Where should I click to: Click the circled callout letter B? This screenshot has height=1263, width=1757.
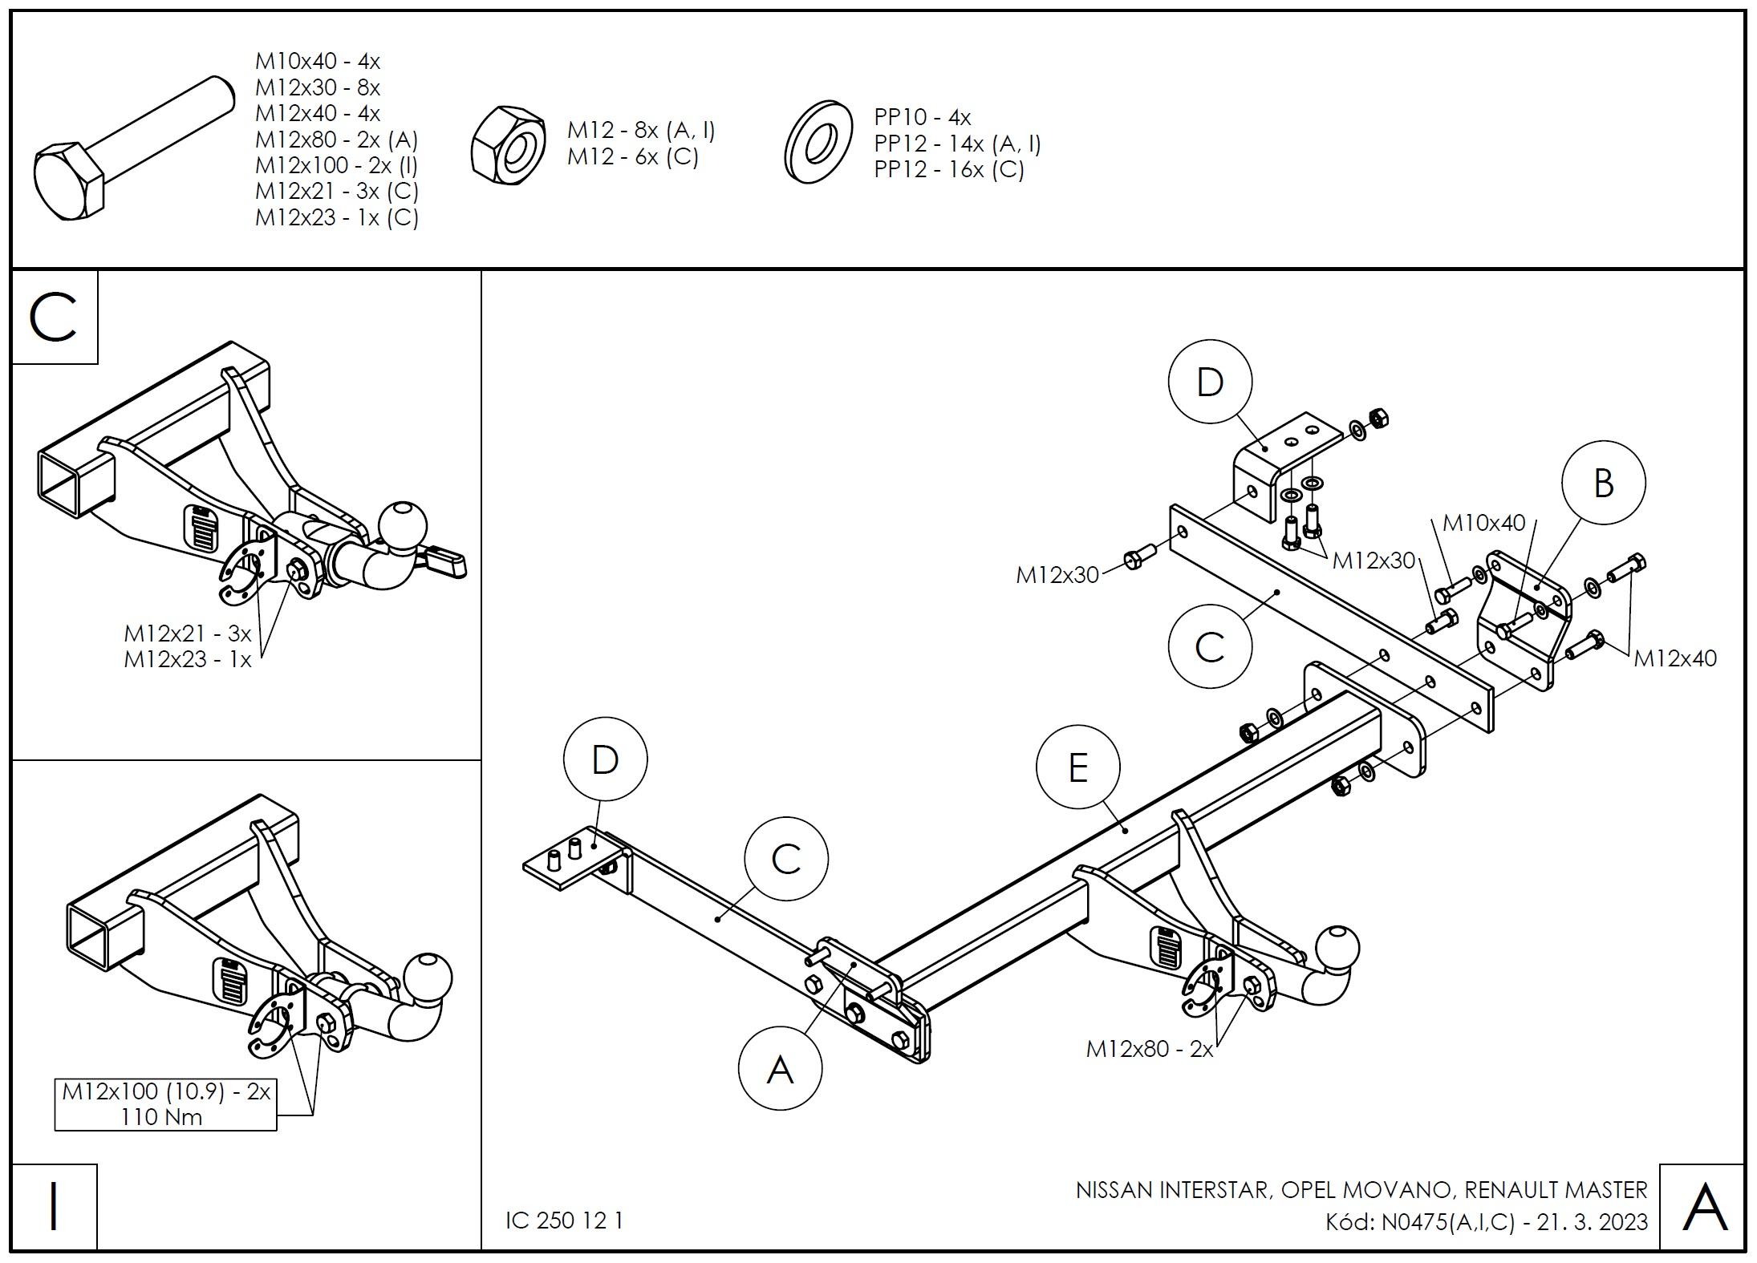(1603, 483)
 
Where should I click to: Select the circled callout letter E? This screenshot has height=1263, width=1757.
(1077, 767)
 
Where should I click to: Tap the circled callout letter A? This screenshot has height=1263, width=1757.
(780, 1069)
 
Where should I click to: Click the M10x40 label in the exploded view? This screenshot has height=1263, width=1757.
(1483, 523)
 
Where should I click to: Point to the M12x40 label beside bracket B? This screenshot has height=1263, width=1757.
(1675, 658)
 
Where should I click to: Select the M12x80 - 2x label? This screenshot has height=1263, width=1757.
(1150, 1048)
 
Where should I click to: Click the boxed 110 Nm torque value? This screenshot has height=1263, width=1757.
(161, 1117)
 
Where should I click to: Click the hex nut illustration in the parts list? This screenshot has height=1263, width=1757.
(507, 144)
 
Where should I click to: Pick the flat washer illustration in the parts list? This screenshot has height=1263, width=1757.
(818, 141)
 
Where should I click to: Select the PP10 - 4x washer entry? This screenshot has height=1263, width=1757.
(923, 118)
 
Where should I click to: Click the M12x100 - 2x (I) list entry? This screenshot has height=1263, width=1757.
(336, 165)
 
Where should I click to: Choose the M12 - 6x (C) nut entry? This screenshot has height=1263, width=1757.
(632, 156)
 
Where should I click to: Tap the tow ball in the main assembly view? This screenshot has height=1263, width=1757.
(1337, 949)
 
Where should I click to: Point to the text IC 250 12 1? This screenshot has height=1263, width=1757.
(564, 1220)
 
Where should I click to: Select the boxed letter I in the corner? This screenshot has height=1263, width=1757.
(54, 1207)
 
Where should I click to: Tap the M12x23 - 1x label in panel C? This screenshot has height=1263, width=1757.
(187, 660)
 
